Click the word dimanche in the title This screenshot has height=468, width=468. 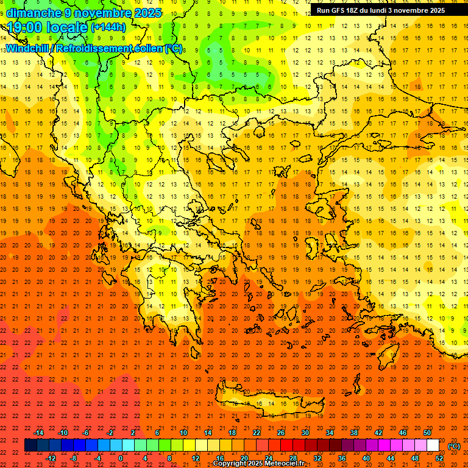coord(34,13)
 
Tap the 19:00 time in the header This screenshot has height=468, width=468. coord(25,27)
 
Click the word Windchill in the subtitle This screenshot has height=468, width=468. coord(29,48)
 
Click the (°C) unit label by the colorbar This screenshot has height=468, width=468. coord(453,446)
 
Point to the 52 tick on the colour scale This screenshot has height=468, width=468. coord(439,458)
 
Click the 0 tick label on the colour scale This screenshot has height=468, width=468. coord(121,458)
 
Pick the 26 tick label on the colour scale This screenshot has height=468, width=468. coord(280,433)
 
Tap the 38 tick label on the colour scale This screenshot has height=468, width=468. coord(353,433)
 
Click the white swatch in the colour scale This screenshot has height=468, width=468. coord(433,445)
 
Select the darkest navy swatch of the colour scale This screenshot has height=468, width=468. coord(31,445)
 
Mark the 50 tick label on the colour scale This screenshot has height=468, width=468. coord(427,433)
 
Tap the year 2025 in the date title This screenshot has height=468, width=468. coord(148,13)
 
